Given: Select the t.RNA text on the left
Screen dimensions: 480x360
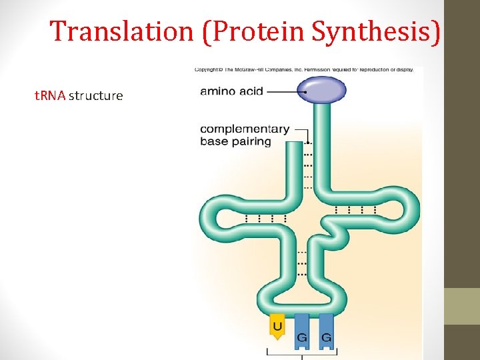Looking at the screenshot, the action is click(x=49, y=95).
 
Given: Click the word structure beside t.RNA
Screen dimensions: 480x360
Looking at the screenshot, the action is click(x=96, y=95).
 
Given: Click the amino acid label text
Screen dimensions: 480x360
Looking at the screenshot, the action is click(x=231, y=91).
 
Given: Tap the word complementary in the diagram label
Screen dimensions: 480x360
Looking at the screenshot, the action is click(x=245, y=129).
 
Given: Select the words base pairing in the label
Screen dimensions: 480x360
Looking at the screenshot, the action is click(x=235, y=141).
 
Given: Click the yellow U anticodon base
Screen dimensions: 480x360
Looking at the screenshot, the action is click(x=277, y=327).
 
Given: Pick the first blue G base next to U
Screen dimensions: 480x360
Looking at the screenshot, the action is click(x=302, y=329).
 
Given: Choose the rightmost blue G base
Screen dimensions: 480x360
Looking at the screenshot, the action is click(x=326, y=329).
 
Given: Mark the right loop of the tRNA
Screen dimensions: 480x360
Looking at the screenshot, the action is click(x=408, y=211).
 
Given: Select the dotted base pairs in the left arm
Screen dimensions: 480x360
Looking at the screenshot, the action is click(x=265, y=218).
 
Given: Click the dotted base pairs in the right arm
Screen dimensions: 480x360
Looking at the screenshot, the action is click(x=355, y=210).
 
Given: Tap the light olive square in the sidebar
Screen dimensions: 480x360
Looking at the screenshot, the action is click(x=462, y=306).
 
